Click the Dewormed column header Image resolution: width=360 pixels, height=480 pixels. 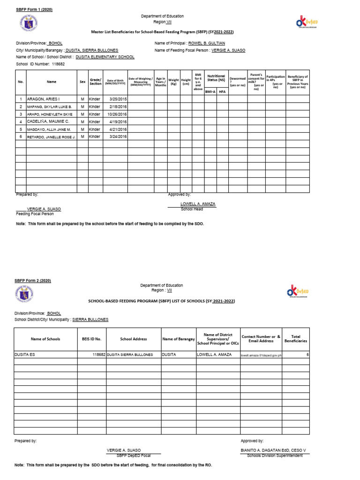[238, 82]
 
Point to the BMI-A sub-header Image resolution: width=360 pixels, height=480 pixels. [210, 92]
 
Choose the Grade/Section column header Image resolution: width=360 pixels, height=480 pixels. [95, 82]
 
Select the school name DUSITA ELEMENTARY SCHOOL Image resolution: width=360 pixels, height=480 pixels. [108, 57]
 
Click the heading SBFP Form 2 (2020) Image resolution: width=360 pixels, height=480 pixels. [33, 280]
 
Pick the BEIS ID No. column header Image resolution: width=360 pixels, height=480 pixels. [91, 338]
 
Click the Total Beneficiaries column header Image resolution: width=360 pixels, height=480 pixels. [295, 338]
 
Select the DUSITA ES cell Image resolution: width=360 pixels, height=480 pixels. [25, 355]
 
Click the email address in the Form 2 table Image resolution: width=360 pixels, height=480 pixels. [261, 355]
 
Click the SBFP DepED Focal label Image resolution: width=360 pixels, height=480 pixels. [133, 455]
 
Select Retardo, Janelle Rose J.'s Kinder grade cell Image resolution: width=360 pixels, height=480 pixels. [95, 136]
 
